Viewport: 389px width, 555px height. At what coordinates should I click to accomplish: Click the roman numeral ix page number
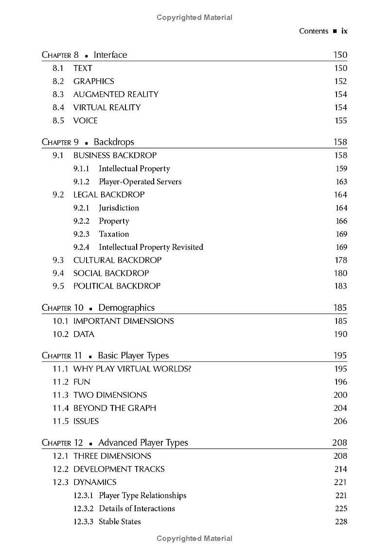(344, 31)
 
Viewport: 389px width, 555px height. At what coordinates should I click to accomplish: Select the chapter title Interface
(110, 55)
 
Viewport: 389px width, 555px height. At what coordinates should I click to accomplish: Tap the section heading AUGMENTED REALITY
(116, 94)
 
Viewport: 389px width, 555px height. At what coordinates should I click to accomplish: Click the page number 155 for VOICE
(340, 120)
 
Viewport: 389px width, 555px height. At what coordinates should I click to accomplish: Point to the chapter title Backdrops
(114, 142)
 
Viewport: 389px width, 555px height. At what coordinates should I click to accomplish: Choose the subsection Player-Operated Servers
(140, 182)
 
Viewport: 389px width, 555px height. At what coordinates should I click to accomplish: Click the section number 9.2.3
(82, 234)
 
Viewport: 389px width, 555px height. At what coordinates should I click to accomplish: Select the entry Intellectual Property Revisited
(151, 247)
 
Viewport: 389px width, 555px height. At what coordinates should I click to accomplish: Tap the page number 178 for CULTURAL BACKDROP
(340, 260)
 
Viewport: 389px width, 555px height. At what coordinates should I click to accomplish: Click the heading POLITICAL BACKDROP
(117, 286)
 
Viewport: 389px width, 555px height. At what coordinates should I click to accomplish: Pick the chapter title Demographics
(126, 307)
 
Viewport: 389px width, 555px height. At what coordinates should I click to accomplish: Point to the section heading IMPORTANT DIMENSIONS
(124, 321)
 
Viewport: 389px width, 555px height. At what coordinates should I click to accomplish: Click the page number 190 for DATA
(340, 334)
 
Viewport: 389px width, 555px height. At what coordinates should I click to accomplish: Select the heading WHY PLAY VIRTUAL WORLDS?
(132, 369)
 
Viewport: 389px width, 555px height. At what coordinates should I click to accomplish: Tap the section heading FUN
(82, 382)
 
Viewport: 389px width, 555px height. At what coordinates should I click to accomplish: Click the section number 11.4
(61, 408)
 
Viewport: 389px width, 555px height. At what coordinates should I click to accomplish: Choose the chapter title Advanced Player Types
(143, 442)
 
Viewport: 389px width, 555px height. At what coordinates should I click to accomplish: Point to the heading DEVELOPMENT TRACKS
(119, 469)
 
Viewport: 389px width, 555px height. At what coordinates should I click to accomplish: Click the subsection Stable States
(120, 521)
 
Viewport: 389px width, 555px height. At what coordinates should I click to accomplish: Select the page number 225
(341, 508)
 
